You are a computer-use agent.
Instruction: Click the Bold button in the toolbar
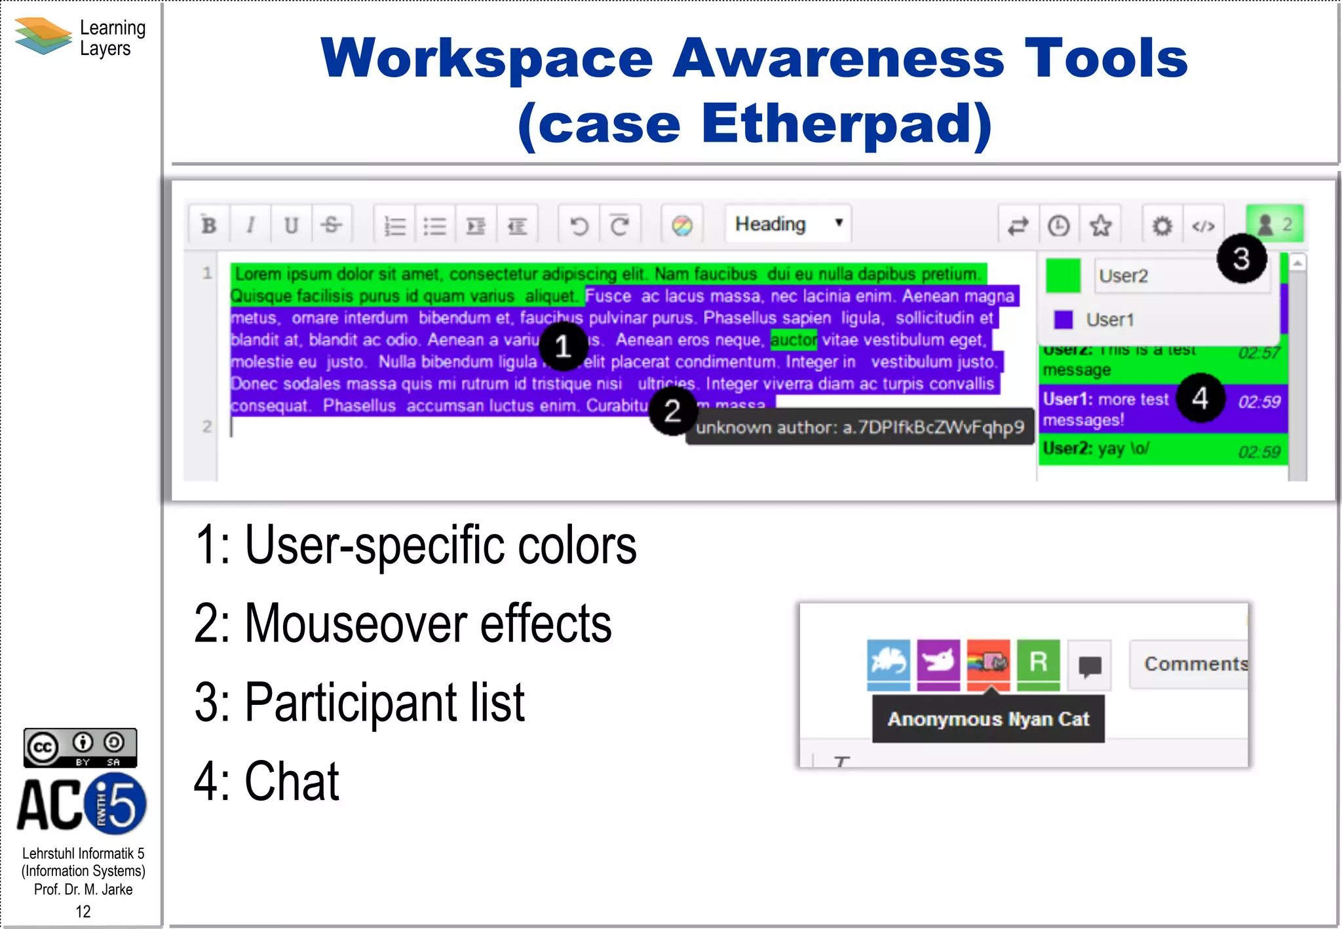click(x=209, y=225)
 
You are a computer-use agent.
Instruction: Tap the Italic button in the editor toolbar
click(x=250, y=225)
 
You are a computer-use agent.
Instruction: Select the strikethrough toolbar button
click(x=332, y=225)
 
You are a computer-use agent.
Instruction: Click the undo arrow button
click(x=579, y=225)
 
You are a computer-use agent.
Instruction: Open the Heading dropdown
click(x=788, y=224)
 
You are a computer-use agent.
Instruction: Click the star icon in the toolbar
click(x=1100, y=225)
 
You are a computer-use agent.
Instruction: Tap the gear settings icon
click(x=1162, y=226)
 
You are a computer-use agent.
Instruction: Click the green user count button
click(x=1275, y=224)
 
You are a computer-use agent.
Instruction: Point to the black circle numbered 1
click(x=563, y=346)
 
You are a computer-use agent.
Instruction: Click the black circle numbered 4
click(x=1200, y=398)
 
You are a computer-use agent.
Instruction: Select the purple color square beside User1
click(x=1063, y=320)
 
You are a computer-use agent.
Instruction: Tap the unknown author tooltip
click(x=859, y=428)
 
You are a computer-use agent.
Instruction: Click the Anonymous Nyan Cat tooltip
click(x=988, y=719)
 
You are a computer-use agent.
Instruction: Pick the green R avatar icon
click(x=1038, y=663)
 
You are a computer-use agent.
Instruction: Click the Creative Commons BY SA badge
click(x=80, y=748)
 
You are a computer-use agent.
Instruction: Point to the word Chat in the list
click(x=292, y=781)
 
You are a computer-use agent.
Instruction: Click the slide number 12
click(x=83, y=911)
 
